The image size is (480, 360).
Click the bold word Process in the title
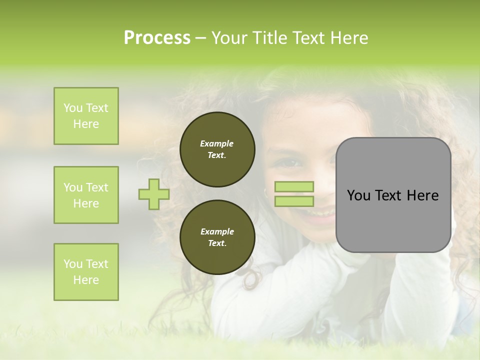[157, 37]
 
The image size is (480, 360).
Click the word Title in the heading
[269, 37]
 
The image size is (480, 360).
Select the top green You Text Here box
[86, 116]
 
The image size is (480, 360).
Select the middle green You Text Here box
[86, 195]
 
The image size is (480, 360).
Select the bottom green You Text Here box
[86, 272]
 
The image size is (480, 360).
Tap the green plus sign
[154, 194]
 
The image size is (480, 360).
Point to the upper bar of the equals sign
[294, 186]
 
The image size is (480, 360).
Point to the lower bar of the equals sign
[294, 201]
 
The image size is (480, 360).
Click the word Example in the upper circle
[217, 143]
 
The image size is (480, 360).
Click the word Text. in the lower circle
[217, 243]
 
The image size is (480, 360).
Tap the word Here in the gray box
[422, 195]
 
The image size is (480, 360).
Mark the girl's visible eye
[290, 162]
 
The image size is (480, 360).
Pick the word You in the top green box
[72, 108]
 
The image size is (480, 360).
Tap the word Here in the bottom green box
[86, 280]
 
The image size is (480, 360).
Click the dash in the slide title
[201, 38]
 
